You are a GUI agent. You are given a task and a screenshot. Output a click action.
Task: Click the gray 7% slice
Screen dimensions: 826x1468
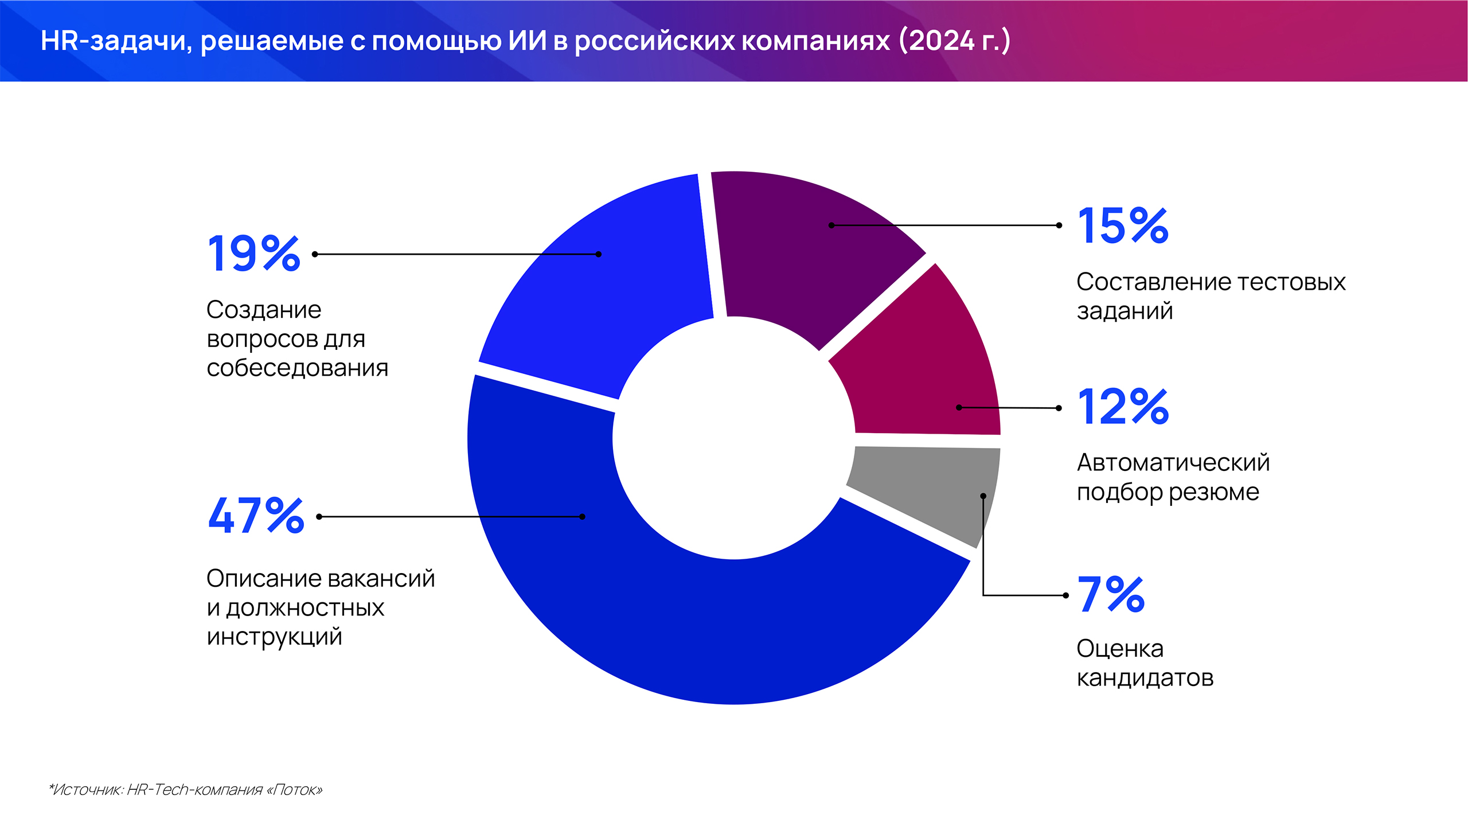[x=929, y=488]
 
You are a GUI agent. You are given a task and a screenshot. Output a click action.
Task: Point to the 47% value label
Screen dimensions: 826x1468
[x=256, y=516]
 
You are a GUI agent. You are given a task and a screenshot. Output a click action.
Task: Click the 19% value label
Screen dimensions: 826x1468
[x=253, y=254]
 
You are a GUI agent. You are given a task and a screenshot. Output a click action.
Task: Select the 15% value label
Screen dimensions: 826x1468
[x=1123, y=225]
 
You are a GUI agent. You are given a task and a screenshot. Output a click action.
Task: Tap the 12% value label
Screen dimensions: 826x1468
[x=1123, y=407]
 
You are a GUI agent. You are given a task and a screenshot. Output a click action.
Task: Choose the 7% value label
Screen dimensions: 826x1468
[x=1111, y=594]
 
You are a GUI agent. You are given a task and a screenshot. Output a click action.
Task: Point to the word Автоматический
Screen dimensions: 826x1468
[x=1173, y=462]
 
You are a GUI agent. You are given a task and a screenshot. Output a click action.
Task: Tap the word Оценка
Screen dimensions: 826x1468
[x=1120, y=649]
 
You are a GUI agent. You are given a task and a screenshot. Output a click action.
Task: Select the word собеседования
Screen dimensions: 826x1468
[x=297, y=368]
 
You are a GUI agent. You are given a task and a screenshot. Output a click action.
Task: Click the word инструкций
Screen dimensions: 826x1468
[x=274, y=637]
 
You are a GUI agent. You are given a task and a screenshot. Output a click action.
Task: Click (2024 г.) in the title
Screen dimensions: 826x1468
[x=954, y=40]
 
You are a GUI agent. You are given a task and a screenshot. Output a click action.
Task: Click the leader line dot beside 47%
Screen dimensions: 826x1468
[x=319, y=517]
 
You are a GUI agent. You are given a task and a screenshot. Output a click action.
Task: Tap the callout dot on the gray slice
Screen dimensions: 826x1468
[x=983, y=496]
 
